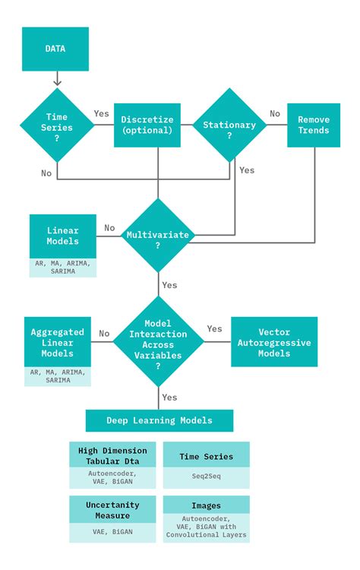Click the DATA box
pyautogui.click(x=55, y=49)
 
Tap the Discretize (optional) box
pyautogui.click(x=147, y=125)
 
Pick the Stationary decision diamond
pyautogui.click(x=229, y=125)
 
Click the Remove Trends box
pyautogui.click(x=314, y=125)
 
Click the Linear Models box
pyautogui.click(x=63, y=236)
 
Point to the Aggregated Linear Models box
pyautogui.click(x=57, y=342)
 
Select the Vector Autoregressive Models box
pyautogui.click(x=274, y=342)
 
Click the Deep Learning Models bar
pyautogui.click(x=159, y=420)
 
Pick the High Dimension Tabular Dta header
pyautogui.click(x=112, y=455)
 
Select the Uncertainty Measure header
pyautogui.click(x=112, y=510)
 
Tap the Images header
pyautogui.click(x=206, y=505)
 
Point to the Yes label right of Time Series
pyautogui.click(x=101, y=113)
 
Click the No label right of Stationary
pyautogui.click(x=274, y=113)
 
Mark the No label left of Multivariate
pyautogui.click(x=109, y=227)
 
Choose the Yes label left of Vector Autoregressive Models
pyautogui.click(x=214, y=328)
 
